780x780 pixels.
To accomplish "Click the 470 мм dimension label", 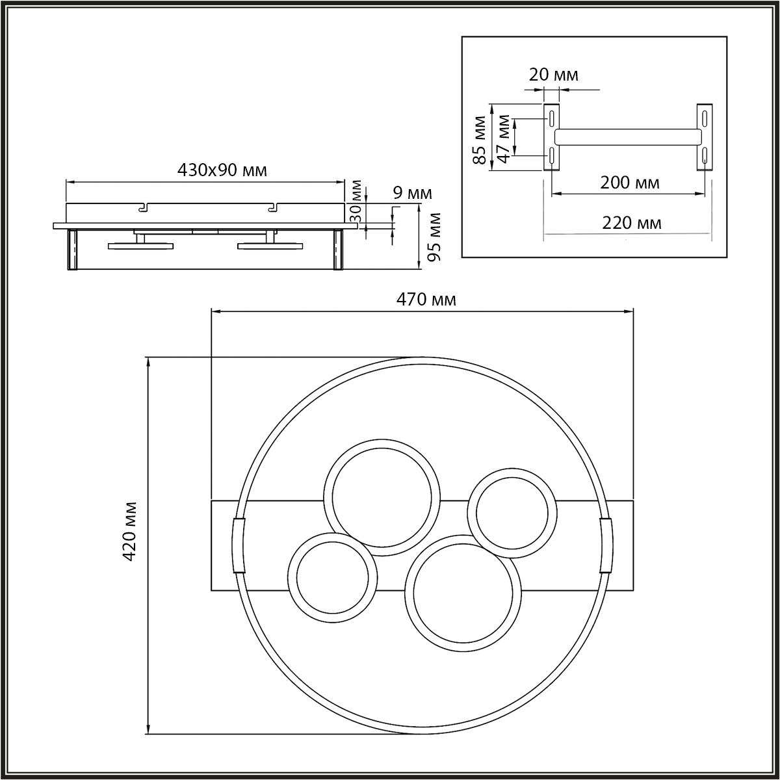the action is point(426,300).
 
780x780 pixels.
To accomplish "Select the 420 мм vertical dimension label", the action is point(129,531).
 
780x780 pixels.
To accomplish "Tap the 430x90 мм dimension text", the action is point(222,170).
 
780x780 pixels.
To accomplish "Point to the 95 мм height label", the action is point(435,237).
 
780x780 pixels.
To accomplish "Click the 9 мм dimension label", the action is point(413,194).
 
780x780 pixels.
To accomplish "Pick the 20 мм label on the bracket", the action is point(553,75).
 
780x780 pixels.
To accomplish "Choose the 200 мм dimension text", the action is point(629,183).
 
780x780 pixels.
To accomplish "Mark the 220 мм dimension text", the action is point(631,223).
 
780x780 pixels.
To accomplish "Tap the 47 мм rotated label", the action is point(503,138).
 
